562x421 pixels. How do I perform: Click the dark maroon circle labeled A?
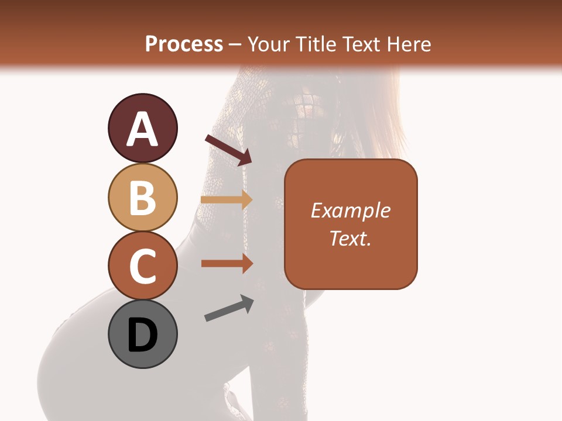click(142, 128)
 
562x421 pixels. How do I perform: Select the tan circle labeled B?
click(142, 197)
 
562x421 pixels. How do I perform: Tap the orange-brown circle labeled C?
click(142, 266)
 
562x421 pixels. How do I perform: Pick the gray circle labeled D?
click(142, 334)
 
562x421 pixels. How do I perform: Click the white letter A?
click(142, 129)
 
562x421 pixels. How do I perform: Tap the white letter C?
click(142, 267)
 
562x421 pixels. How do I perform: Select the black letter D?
click(142, 336)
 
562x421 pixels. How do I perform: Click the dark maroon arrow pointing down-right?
click(228, 150)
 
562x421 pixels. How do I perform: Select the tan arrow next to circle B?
click(226, 199)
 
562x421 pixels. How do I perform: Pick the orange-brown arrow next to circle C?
click(226, 264)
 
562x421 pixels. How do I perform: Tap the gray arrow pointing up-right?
click(229, 308)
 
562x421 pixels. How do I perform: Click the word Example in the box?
click(351, 210)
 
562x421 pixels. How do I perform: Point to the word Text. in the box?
click(351, 238)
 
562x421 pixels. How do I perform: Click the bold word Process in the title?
click(184, 44)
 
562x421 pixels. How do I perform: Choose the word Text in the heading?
click(361, 44)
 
